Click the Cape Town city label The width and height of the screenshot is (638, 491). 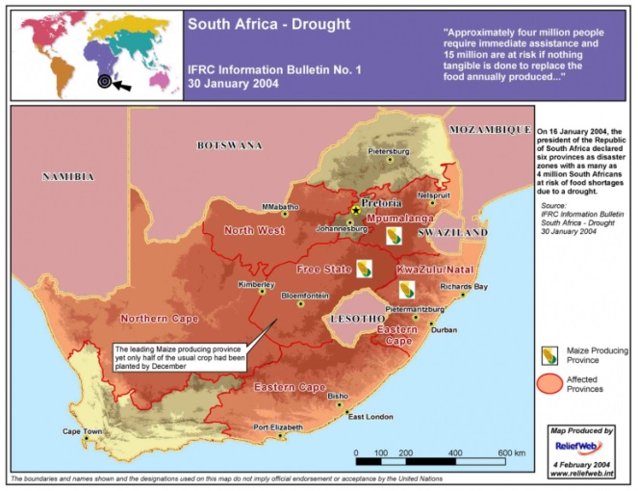pyautogui.click(x=82, y=431)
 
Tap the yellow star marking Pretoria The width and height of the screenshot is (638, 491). pyautogui.click(x=356, y=210)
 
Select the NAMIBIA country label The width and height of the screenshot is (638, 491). pyautogui.click(x=66, y=177)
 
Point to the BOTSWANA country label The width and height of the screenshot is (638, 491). pyautogui.click(x=229, y=145)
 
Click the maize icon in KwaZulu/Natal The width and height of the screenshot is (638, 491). pyautogui.click(x=408, y=289)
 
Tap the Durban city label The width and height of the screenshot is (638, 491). pyautogui.click(x=444, y=330)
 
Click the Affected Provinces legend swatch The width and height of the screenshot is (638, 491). pyautogui.click(x=550, y=383)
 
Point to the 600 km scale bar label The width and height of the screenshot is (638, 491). pyautogui.click(x=512, y=452)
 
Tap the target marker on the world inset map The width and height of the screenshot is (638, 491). pyautogui.click(x=103, y=82)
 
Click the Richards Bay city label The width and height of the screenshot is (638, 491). pyautogui.click(x=464, y=287)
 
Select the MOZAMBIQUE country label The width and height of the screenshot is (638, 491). pyautogui.click(x=490, y=128)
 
